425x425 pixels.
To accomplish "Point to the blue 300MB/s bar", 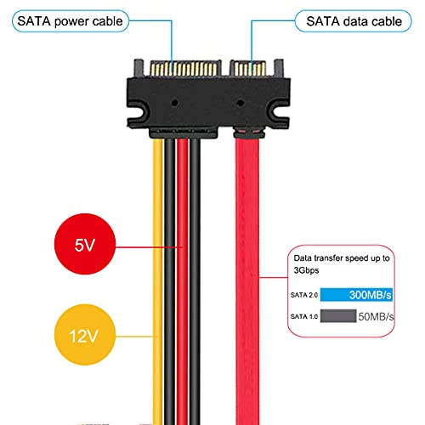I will coord(357,294).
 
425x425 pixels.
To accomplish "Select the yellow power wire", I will coord(159,280).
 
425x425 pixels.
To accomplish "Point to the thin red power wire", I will coord(183,280).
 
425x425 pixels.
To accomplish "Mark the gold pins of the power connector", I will coord(178,66).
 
